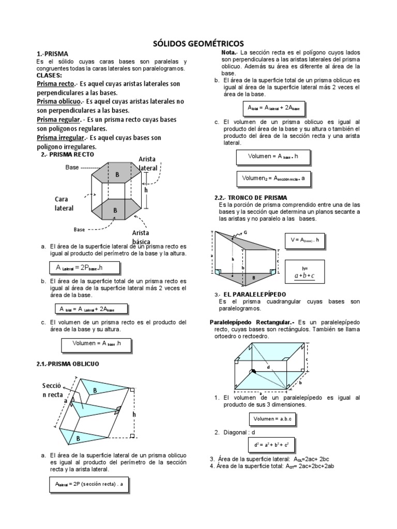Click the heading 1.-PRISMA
point(52,53)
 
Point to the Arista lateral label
point(148,163)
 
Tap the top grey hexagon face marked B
point(117,175)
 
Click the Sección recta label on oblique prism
point(54,391)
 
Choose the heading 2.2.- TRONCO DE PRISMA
point(251,198)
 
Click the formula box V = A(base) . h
point(306,240)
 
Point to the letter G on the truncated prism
point(246,232)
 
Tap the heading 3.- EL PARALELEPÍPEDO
point(251,294)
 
